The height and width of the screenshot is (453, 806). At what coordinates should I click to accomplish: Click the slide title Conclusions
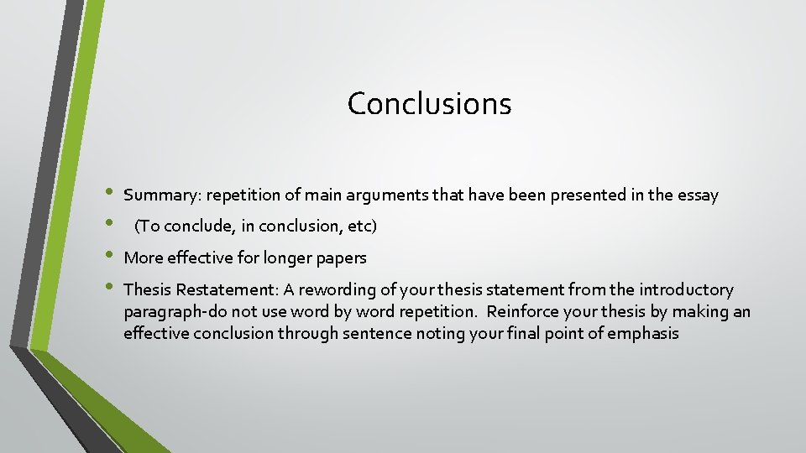tap(429, 104)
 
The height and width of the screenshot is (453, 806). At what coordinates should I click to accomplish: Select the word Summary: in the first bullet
tap(162, 195)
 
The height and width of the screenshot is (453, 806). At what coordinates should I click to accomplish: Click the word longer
tap(273, 258)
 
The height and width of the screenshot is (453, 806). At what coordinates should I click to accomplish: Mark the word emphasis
tap(643, 333)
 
